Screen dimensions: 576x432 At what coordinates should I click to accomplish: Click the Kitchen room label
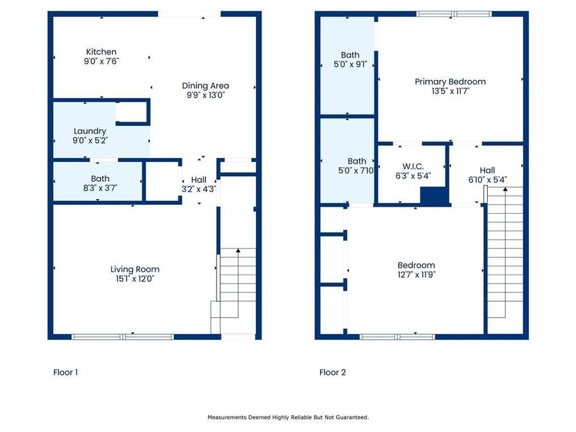tap(101, 52)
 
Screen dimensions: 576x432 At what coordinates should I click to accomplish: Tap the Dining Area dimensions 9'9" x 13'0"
tap(205, 95)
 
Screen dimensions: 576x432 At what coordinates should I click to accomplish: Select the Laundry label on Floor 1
tap(90, 131)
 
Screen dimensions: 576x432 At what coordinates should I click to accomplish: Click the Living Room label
tap(135, 269)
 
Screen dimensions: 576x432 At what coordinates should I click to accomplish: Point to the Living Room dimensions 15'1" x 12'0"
tap(135, 279)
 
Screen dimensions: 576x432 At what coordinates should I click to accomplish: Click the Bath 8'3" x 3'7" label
tap(100, 183)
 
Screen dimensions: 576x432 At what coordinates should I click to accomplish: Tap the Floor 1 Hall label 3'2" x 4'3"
tap(199, 184)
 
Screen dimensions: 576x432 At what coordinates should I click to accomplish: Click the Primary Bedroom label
tap(450, 86)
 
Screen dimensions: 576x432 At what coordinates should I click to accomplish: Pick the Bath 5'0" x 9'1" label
tap(350, 60)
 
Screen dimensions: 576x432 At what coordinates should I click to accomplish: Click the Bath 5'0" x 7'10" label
tap(356, 166)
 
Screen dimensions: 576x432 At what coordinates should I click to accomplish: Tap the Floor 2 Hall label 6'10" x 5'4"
tap(488, 175)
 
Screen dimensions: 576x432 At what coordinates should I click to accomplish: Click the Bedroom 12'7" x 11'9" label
tap(416, 269)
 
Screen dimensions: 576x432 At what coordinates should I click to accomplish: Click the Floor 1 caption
tap(65, 372)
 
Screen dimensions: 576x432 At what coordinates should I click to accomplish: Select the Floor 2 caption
tap(332, 372)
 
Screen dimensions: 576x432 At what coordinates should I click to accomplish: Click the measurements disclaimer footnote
tap(288, 417)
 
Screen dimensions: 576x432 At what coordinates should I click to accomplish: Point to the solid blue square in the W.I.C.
tap(435, 195)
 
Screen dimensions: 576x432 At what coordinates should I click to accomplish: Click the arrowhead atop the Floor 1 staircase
tap(238, 250)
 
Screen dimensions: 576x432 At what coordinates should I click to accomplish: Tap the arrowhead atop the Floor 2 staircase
tap(505, 189)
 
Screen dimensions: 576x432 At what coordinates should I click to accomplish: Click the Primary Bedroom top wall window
tap(454, 14)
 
